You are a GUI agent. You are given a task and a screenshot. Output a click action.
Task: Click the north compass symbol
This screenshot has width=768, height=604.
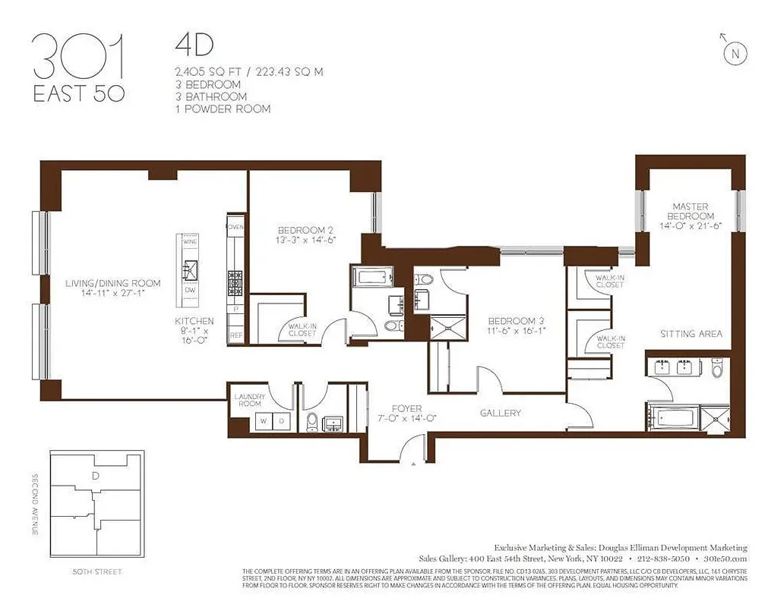pos(734,52)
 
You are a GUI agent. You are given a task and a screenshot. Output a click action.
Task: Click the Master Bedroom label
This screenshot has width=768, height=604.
pos(690,211)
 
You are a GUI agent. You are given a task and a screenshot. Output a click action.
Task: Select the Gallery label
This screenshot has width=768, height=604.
pos(501,413)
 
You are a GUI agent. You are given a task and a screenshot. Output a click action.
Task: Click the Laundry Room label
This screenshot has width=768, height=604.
pos(249,399)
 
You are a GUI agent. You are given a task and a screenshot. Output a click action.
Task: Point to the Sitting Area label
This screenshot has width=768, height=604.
pos(691,334)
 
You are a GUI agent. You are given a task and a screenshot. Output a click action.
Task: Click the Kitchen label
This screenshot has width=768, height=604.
pos(194,321)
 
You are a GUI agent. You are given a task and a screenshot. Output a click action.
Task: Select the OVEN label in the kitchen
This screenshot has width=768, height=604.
pos(235,227)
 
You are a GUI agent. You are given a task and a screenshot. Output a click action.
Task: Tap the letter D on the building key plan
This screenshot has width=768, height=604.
pos(95,477)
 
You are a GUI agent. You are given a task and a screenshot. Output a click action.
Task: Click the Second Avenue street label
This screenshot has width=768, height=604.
pos(35,506)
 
